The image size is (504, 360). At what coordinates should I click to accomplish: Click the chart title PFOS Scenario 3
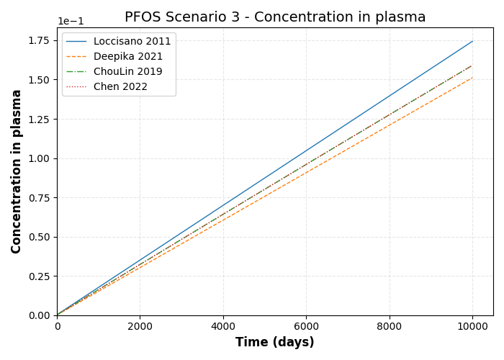click(x=275, y=17)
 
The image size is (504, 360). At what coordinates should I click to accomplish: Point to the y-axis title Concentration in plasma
click(x=17, y=171)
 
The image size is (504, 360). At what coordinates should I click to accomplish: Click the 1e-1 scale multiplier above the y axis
click(x=71, y=22)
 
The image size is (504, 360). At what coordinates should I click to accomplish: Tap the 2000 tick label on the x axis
click(x=140, y=326)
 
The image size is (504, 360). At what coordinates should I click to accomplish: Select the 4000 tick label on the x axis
click(x=223, y=326)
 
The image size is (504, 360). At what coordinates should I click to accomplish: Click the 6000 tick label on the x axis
click(x=306, y=326)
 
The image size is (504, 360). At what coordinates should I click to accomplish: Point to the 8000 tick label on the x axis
click(x=390, y=326)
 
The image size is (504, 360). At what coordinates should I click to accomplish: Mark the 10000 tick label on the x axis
click(x=472, y=326)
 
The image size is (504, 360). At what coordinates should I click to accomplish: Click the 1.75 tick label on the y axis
click(x=40, y=40)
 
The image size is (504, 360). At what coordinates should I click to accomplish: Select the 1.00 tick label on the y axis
click(x=40, y=158)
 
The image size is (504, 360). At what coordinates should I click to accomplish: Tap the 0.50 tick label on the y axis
click(x=40, y=237)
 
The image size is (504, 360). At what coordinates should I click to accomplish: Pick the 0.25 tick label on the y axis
click(x=40, y=276)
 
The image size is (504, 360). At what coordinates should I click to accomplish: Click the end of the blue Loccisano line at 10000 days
click(x=472, y=41)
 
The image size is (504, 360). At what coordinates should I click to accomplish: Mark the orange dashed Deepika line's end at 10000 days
click(x=472, y=78)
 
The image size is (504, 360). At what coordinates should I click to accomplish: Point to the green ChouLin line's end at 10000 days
click(x=472, y=66)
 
